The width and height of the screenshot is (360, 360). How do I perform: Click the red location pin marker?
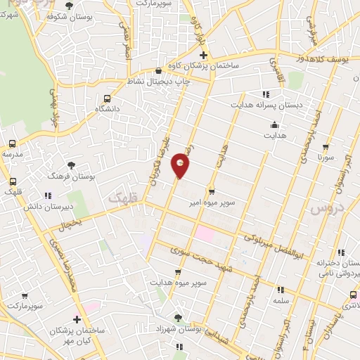(181, 165)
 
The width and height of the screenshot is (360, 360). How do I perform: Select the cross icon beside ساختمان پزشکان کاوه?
(203, 55)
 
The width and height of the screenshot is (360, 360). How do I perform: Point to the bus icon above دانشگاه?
(106, 99)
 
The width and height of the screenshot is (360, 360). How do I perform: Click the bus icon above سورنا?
(326, 148)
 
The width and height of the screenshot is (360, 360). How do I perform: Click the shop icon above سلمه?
(281, 289)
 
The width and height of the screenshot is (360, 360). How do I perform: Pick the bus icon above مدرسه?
(11, 143)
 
